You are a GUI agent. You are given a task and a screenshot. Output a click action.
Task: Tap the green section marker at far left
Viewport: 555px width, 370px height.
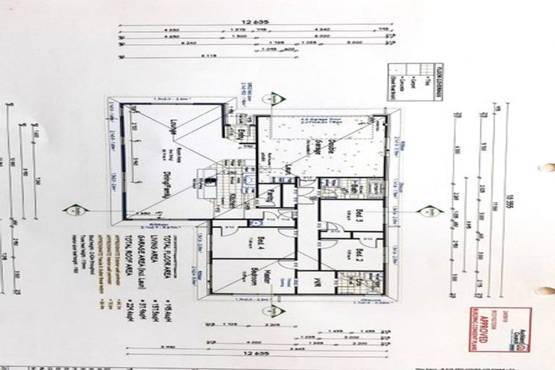[73, 211]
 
